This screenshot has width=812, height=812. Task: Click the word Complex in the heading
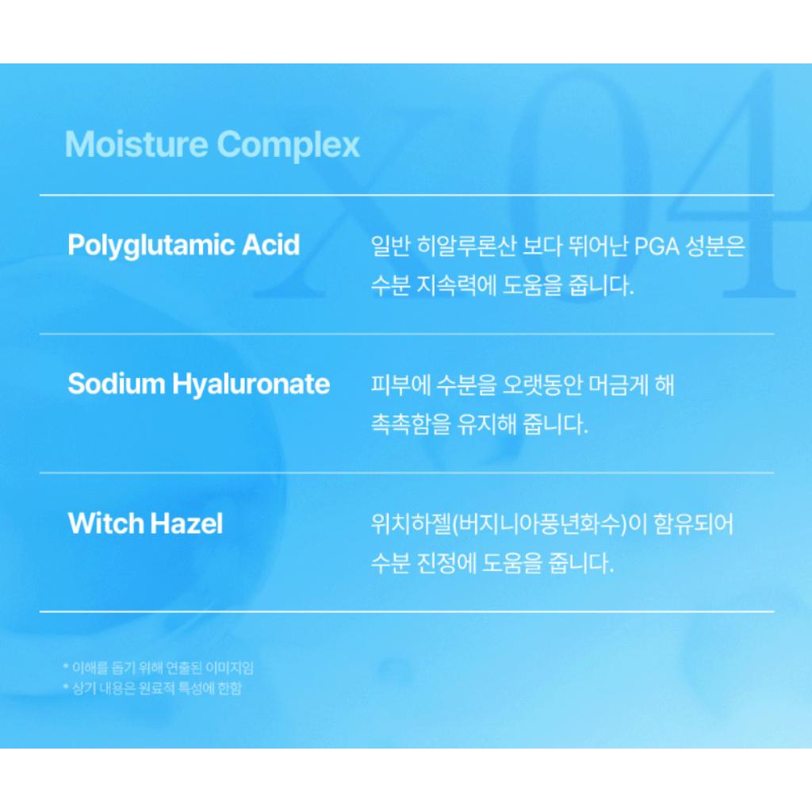click(x=289, y=145)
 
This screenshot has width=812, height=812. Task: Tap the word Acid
click(x=269, y=244)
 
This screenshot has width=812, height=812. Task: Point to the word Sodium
click(x=116, y=384)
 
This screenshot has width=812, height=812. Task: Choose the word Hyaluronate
click(x=251, y=385)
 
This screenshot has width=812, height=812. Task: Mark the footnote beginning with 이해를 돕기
click(x=158, y=668)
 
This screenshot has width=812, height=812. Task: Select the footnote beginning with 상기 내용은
click(x=151, y=688)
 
